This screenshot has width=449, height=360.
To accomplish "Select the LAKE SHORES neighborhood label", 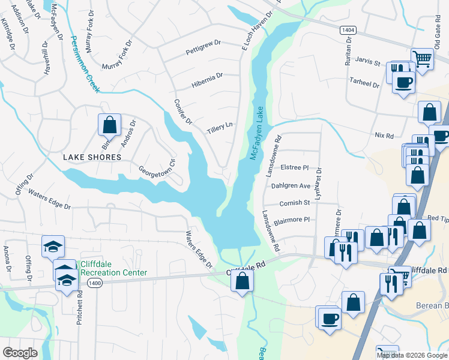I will point(92,157).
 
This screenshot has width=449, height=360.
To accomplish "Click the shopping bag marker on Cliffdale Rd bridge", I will point(242,281).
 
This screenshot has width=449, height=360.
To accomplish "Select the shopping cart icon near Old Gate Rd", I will point(423,59).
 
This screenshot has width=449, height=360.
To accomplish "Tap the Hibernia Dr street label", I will point(207,76).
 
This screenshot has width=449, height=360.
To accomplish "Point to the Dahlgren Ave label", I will point(291,186).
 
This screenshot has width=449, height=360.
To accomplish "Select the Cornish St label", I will point(294,203).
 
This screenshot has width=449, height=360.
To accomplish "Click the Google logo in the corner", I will point(20,352).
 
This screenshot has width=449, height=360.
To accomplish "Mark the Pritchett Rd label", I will point(79,307).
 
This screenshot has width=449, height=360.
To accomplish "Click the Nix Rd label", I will point(382,136).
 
